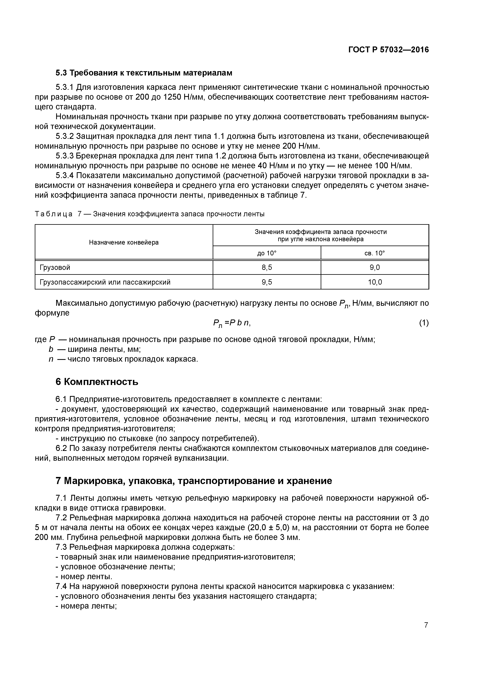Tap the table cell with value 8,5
point(266,267)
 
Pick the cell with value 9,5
point(266,282)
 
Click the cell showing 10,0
point(375,282)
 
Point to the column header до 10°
point(266,253)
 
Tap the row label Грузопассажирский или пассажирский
point(105,282)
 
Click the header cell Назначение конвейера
point(124,242)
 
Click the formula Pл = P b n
point(231,323)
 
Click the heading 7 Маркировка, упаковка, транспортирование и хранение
point(194,481)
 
